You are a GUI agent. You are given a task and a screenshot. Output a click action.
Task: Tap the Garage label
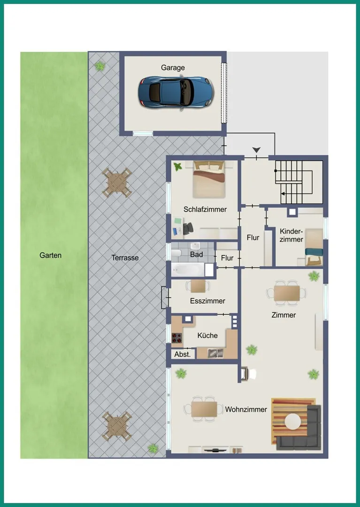coord(173,68)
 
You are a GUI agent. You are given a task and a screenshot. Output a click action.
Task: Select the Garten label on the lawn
coord(50,255)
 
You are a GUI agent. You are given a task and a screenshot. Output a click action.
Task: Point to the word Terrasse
coord(125,258)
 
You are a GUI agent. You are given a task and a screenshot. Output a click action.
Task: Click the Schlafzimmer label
coord(205,209)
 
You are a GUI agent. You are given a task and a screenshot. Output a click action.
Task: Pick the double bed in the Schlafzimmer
coord(209,179)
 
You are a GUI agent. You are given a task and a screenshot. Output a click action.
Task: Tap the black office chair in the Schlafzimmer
coord(188,228)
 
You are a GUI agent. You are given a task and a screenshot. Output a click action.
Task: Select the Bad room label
coord(197,254)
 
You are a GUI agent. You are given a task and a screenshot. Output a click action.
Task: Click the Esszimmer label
coord(207,301)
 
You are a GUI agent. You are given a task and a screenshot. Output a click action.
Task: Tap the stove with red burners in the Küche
coord(177,338)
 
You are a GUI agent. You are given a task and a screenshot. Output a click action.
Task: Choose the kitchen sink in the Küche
coord(215,353)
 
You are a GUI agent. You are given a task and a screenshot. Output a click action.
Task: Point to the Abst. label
coord(183,354)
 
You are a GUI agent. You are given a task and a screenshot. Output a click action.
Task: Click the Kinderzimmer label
coord(291,235)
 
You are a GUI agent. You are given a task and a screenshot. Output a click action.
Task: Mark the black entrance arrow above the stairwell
coord(257,150)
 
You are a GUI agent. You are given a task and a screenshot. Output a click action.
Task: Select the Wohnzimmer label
coord(246,409)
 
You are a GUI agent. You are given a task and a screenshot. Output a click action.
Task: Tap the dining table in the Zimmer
coord(287,293)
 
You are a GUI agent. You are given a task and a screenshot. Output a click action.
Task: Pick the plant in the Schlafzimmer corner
coord(177,167)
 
